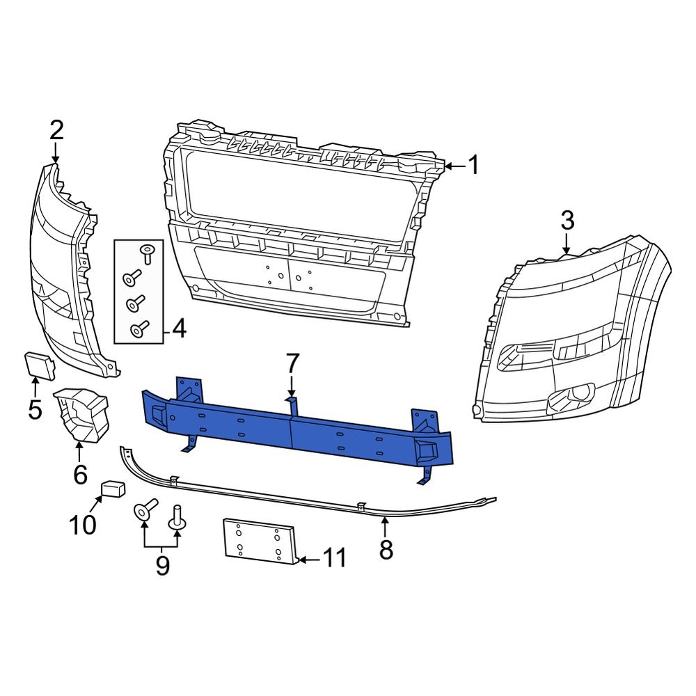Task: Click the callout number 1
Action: [x=473, y=166]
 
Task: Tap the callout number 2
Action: [x=56, y=131]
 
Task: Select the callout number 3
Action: [x=567, y=221]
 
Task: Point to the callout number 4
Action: [x=179, y=329]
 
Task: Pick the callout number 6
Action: [x=80, y=475]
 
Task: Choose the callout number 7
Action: [x=292, y=363]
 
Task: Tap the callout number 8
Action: [x=386, y=549]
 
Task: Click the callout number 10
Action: [x=82, y=525]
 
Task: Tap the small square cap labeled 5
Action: [x=37, y=364]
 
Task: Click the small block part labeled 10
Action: [x=113, y=488]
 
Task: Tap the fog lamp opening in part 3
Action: [x=571, y=399]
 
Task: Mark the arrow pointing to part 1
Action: [x=452, y=166]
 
